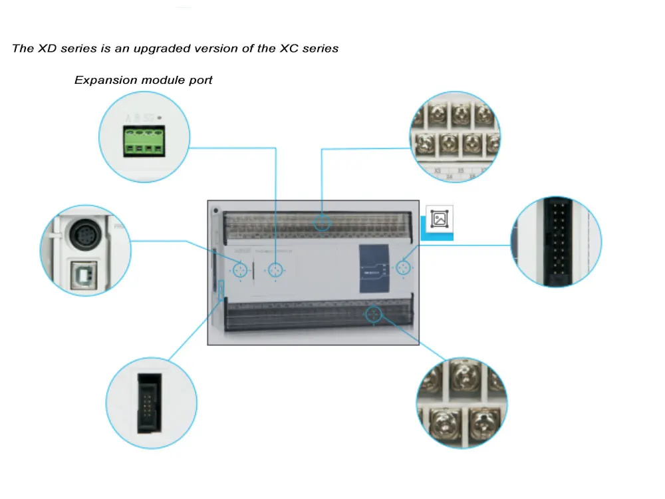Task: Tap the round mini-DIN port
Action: click(x=86, y=234)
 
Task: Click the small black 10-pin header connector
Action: click(x=152, y=403)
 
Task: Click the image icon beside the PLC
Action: click(x=439, y=220)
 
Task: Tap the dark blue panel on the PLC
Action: click(x=375, y=269)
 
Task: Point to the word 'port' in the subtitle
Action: click(x=200, y=80)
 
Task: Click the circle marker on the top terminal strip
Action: click(x=323, y=222)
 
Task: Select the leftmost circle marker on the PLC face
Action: click(x=240, y=270)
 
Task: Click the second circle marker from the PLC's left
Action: click(x=275, y=270)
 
